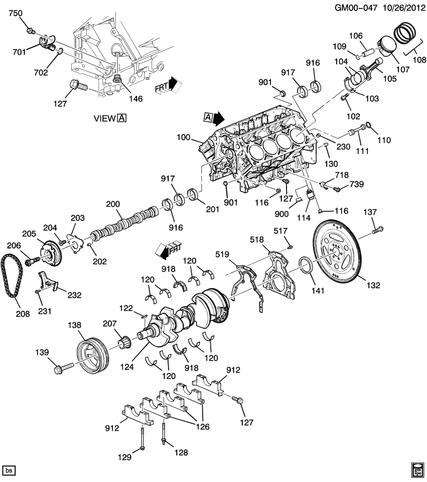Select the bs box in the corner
pyautogui.click(x=9, y=470)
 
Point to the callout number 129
pyautogui.click(x=124, y=457)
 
